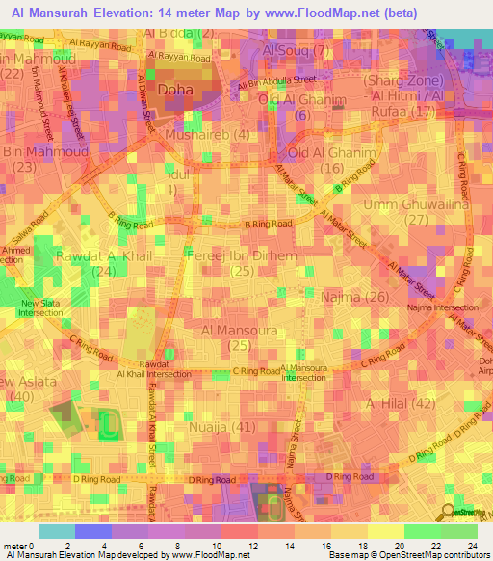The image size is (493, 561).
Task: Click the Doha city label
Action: tap(175, 91)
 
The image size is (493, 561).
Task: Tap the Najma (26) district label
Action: tap(356, 297)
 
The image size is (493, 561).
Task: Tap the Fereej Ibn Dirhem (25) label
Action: tap(242, 264)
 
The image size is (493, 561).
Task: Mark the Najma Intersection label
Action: tap(443, 307)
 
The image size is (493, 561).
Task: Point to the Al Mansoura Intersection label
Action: tap(304, 373)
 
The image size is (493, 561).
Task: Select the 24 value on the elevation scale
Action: tap(474, 547)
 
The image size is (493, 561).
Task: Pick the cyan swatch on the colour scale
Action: tap(56, 531)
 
